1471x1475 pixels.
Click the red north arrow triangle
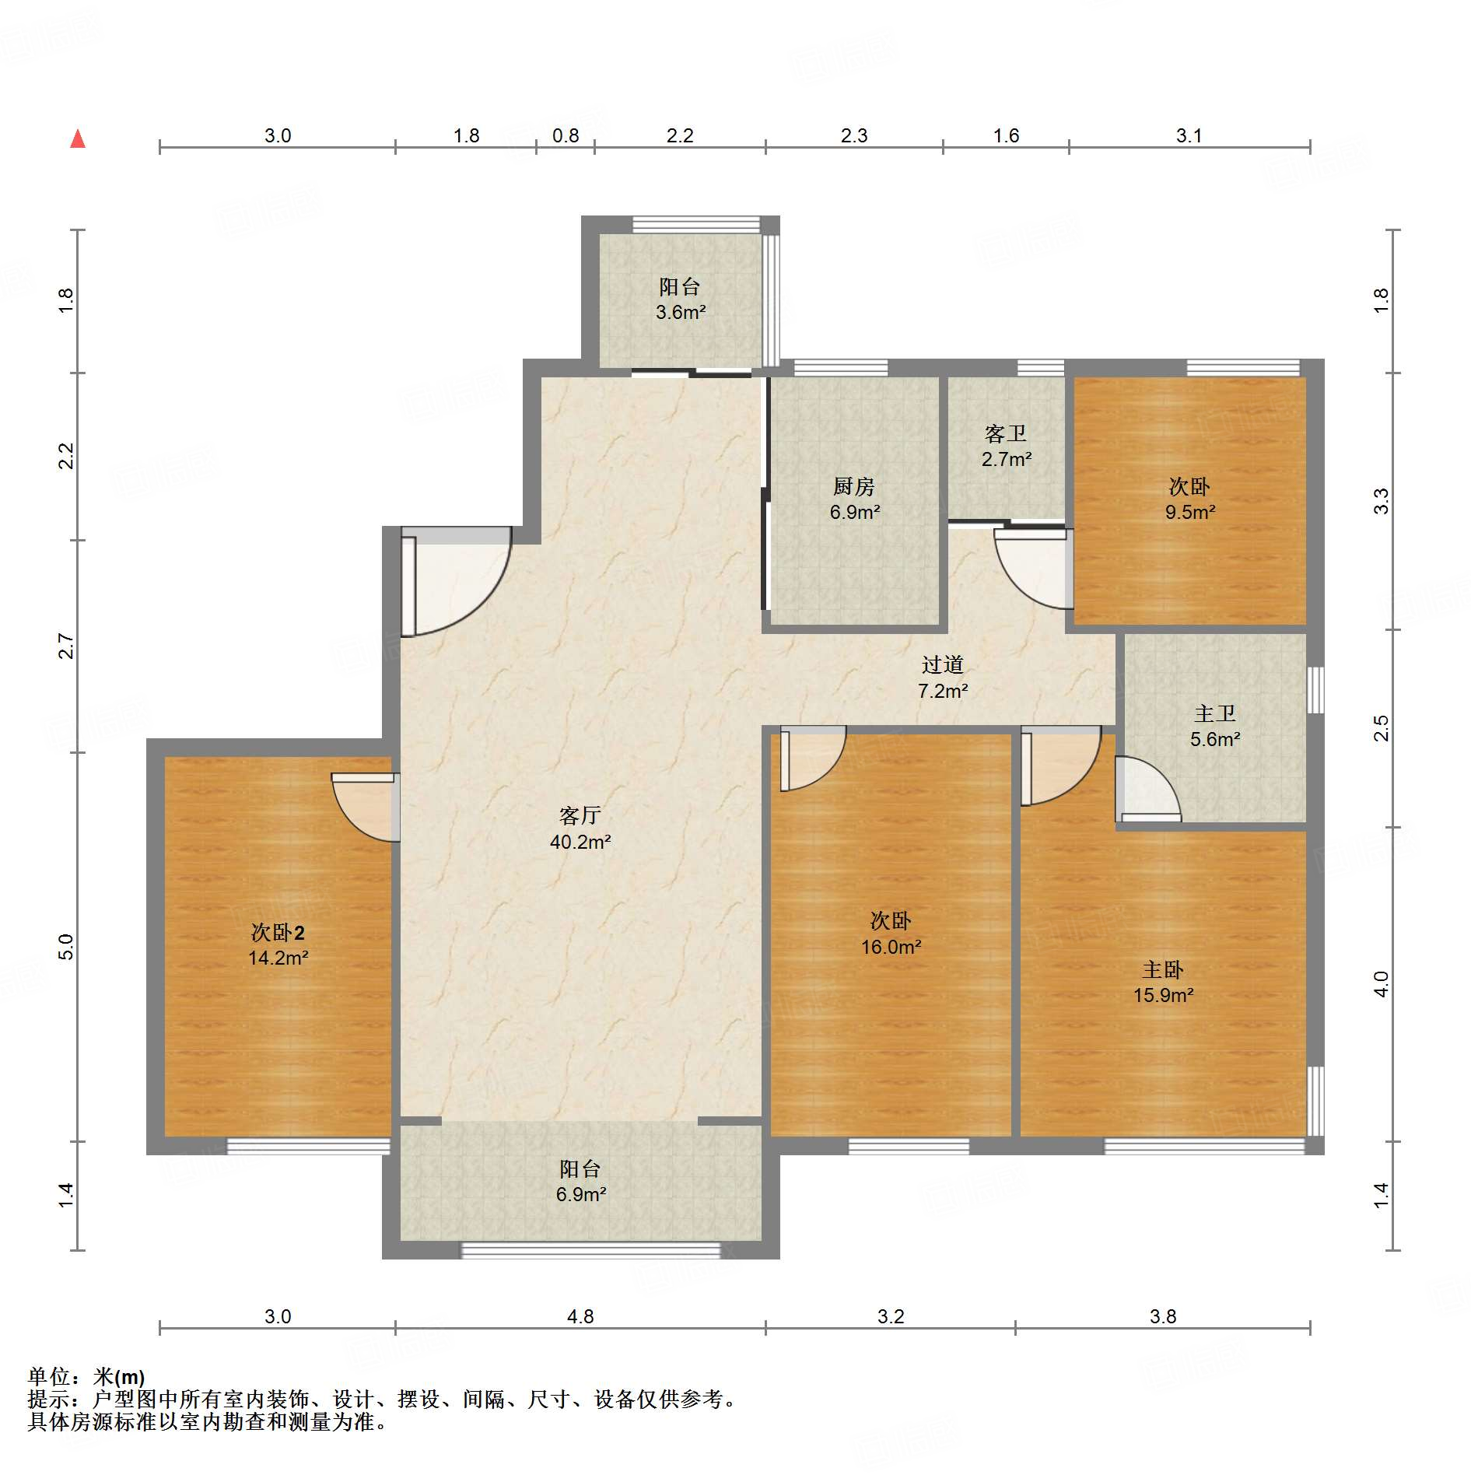point(78,139)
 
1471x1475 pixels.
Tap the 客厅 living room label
point(580,815)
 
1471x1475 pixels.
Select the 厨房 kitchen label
point(854,486)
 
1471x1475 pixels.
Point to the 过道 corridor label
point(943,664)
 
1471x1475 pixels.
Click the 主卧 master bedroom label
point(1163,969)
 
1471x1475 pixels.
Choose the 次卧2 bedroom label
point(278,932)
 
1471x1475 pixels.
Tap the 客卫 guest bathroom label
point(1006,433)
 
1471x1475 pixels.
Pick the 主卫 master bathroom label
point(1215,713)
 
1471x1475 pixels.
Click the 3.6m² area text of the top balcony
point(681,313)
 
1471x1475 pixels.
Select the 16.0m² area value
point(891,947)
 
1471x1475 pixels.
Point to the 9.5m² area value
point(1190,512)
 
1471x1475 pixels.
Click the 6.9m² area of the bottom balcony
point(581,1194)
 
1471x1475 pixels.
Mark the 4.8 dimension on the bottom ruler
point(580,1316)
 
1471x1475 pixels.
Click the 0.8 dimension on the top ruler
point(566,135)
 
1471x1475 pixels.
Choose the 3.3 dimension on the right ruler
point(1380,501)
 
